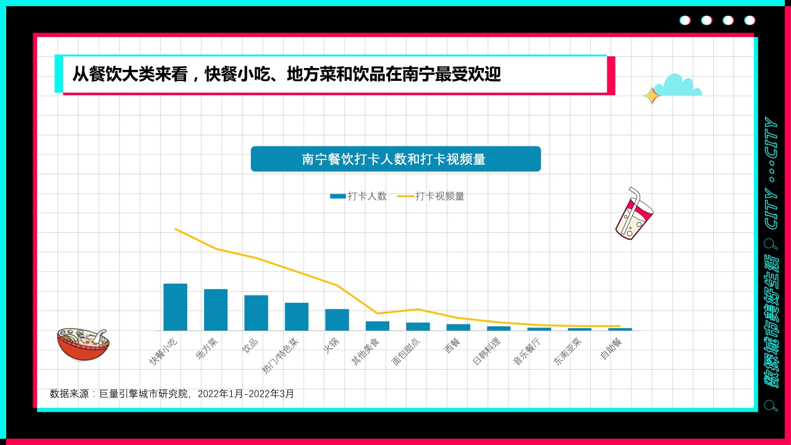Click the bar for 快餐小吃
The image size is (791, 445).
tap(175, 307)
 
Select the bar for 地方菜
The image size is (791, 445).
tap(216, 310)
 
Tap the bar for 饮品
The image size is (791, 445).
tap(256, 313)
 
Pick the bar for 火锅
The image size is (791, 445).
tap(337, 320)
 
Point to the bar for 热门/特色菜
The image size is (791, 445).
tap(297, 316)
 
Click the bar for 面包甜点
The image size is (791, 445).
tap(418, 326)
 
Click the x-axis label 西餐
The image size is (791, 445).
tap(452, 345)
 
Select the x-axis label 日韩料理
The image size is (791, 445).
tap(487, 351)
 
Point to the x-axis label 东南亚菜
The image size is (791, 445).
tap(567, 351)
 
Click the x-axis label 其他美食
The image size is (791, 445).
tap(366, 351)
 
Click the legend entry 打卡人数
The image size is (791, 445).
tap(359, 196)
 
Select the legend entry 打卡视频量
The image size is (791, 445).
tap(431, 196)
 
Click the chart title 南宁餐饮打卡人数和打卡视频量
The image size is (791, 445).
tap(395, 159)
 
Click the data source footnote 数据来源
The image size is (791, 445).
tap(172, 394)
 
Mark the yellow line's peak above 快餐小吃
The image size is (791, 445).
tap(176, 229)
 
